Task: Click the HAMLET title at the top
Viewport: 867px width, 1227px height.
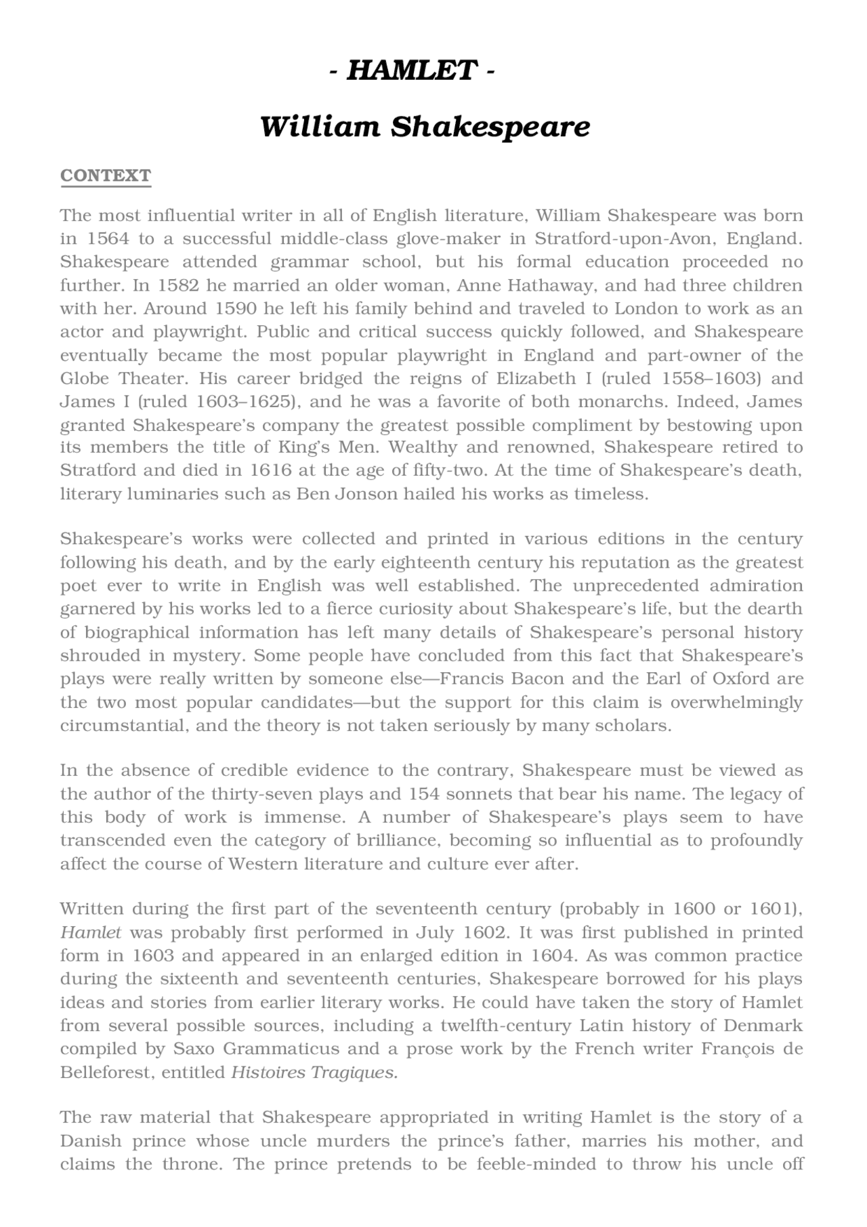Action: point(412,70)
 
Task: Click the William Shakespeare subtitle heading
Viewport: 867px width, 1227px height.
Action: point(425,127)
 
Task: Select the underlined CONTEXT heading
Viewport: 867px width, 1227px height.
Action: point(106,175)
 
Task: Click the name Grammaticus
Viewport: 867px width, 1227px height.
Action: point(280,1049)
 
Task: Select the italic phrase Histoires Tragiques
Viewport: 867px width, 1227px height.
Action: point(314,1073)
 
